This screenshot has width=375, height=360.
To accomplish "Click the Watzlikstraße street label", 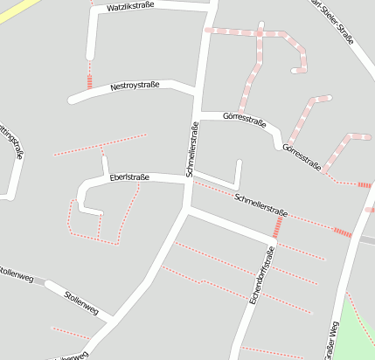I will tap(129, 7).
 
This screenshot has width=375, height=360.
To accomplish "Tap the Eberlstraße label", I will tap(129, 177).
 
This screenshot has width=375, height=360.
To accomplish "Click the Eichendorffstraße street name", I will tap(261, 274).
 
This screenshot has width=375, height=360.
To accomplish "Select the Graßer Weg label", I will tap(331, 340).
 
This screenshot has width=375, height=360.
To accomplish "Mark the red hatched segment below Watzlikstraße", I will tap(89, 81).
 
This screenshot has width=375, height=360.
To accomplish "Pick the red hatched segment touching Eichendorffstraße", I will tap(278, 227).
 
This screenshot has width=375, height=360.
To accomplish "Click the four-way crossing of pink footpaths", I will tap(259, 32).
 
